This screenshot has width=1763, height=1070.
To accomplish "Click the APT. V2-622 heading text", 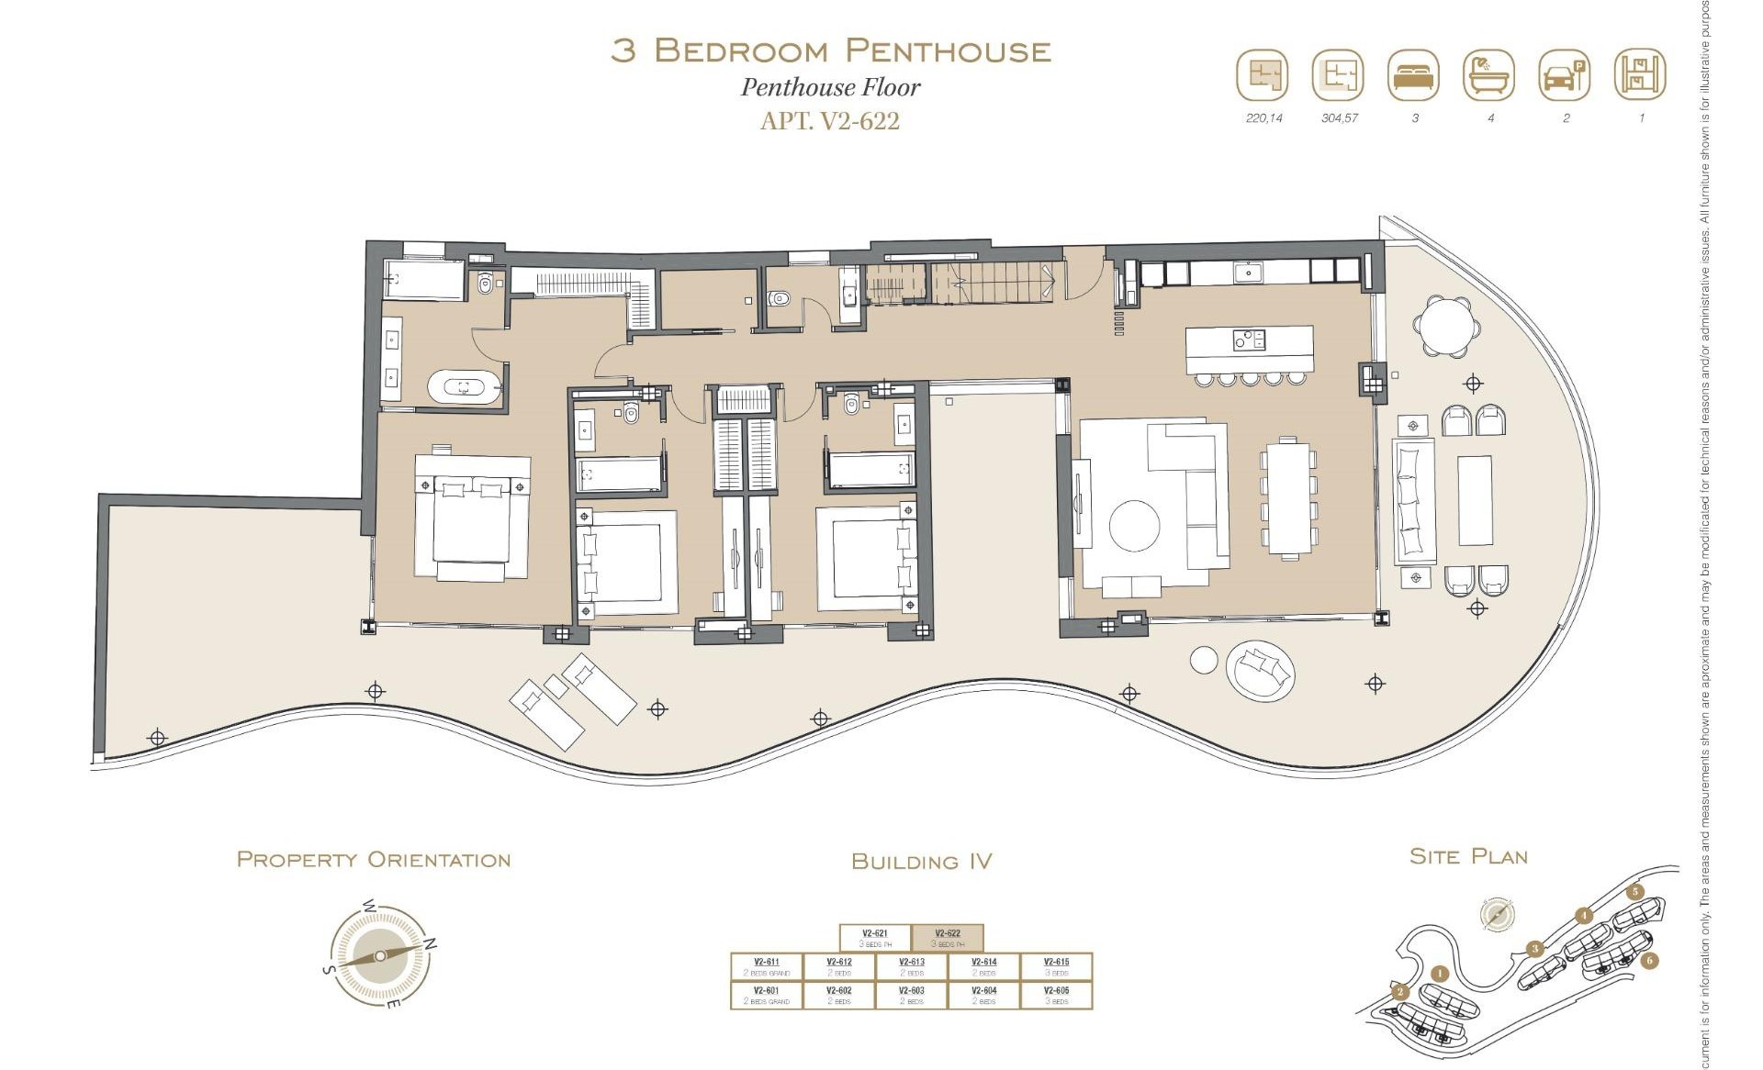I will pyautogui.click(x=829, y=121).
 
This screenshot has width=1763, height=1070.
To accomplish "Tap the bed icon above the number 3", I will pyautogui.click(x=1414, y=75).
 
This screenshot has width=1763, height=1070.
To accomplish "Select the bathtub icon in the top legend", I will pyautogui.click(x=1489, y=75).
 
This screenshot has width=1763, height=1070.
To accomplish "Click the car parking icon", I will pyautogui.click(x=1565, y=75).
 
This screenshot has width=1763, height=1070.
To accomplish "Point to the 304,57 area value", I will pyautogui.click(x=1339, y=118).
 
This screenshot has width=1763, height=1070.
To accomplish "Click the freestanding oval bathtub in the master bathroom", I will pyautogui.click(x=465, y=387).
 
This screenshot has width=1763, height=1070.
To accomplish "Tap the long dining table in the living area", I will pyautogui.click(x=1289, y=496).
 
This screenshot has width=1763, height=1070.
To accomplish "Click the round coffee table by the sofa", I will pyautogui.click(x=1134, y=526).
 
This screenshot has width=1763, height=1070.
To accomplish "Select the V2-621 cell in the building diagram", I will pyautogui.click(x=875, y=938).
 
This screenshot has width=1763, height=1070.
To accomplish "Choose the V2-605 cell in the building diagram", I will pyautogui.click(x=1056, y=995).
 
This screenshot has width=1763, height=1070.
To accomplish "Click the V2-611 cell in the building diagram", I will pyautogui.click(x=766, y=966).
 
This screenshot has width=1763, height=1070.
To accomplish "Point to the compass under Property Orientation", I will pyautogui.click(x=380, y=956).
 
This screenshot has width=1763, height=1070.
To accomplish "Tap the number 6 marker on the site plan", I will pyautogui.click(x=1649, y=961).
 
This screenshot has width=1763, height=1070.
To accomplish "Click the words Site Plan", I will pyautogui.click(x=1468, y=857).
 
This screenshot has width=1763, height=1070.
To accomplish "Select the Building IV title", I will pyautogui.click(x=921, y=862).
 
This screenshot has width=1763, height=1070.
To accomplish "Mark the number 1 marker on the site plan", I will pyautogui.click(x=1439, y=974).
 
